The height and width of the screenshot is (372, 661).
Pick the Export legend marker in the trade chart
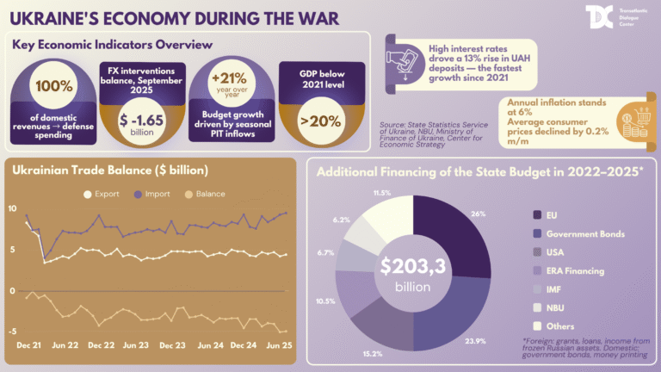pyautogui.click(x=86, y=195)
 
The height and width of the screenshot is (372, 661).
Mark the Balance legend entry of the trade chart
pyautogui.click(x=201, y=195)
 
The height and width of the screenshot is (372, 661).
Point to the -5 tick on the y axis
pyautogui.click(x=10, y=332)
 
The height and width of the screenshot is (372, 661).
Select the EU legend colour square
pyautogui.click(x=538, y=214)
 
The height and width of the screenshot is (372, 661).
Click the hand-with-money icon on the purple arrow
pyautogui.click(x=402, y=58)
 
